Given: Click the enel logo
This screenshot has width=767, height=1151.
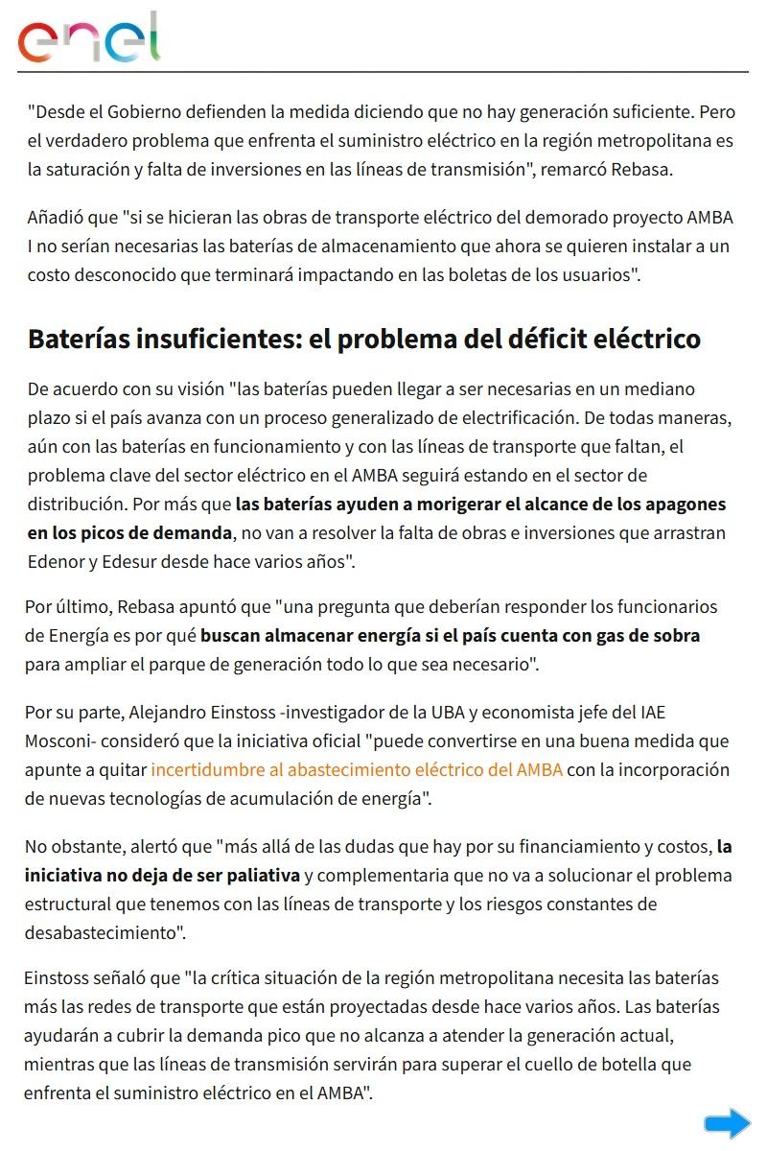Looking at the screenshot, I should point(89,38).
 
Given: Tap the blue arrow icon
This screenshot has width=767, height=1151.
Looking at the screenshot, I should point(727,1123).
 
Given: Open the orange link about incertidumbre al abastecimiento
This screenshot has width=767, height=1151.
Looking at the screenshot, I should point(357,770).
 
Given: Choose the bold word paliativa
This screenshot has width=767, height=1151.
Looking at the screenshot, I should point(258,876).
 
